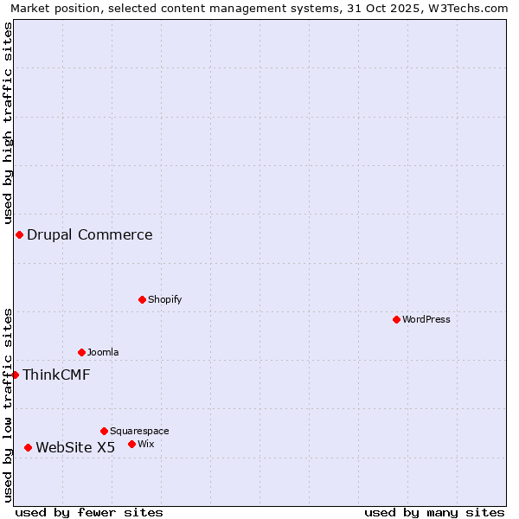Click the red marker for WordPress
pyautogui.click(x=396, y=319)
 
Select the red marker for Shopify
pyautogui.click(x=142, y=299)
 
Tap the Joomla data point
pyautogui.click(x=81, y=352)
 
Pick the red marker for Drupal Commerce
pyautogui.click(x=19, y=234)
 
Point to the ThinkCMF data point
pyautogui.click(x=15, y=375)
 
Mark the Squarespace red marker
pyautogui.click(x=104, y=431)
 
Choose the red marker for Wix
pyautogui.click(x=131, y=444)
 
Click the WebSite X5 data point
pyautogui.click(x=28, y=447)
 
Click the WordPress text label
pyautogui.click(x=426, y=319)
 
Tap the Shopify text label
pyautogui.click(x=164, y=299)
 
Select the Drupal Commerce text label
pyautogui.click(x=90, y=234)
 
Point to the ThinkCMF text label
pyautogui.click(x=56, y=375)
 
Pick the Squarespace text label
pyautogui.click(x=139, y=431)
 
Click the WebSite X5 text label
pyautogui.click(x=75, y=447)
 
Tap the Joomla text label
pyautogui.click(x=103, y=352)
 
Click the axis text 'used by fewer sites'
pyautogui.click(x=89, y=512)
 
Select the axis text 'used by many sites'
pyautogui.click(x=434, y=512)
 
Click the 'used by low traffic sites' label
pyautogui.click(x=8, y=404)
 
